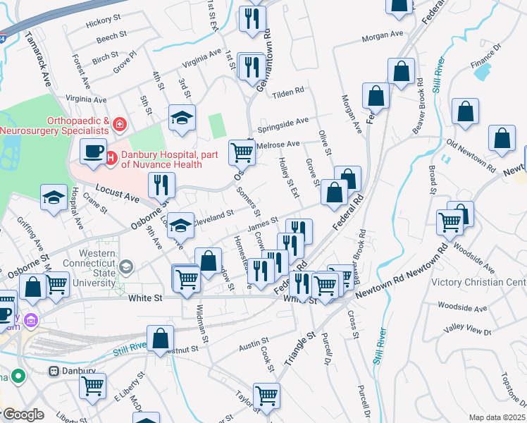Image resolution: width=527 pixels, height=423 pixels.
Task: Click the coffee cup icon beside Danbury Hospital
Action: (x=93, y=150)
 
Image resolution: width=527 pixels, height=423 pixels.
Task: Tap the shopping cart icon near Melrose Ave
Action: (x=242, y=151)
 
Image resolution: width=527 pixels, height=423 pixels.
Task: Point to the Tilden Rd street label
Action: (x=287, y=92)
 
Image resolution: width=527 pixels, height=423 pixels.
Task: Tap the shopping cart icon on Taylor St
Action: (x=266, y=396)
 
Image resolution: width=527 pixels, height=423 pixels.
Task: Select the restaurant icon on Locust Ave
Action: (x=161, y=185)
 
